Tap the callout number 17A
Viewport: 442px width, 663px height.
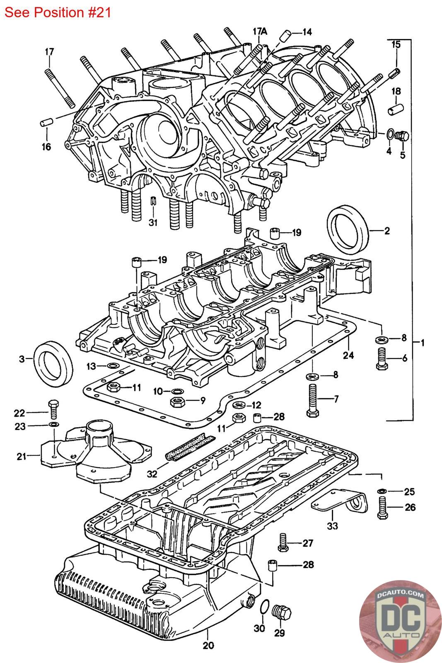(261, 31)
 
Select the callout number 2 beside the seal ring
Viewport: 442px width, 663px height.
(387, 230)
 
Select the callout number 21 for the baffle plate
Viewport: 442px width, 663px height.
(22, 456)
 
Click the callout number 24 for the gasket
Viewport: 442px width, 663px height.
(348, 355)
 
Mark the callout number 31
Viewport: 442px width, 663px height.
(153, 223)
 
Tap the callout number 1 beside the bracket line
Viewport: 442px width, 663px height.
(422, 343)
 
